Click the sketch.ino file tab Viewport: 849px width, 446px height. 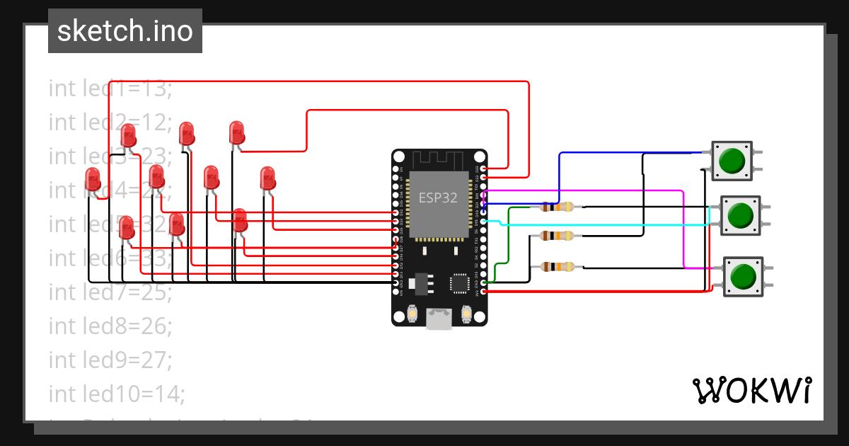(x=125, y=31)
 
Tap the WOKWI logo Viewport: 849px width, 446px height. (x=751, y=390)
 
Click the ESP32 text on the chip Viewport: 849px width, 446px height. (x=438, y=198)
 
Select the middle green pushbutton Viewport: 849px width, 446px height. (x=740, y=215)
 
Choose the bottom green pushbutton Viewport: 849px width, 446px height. (x=742, y=276)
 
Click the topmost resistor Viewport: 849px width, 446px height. (x=558, y=207)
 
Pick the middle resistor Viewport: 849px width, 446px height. (x=558, y=236)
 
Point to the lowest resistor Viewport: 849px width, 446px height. (x=558, y=267)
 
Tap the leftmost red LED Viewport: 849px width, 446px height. (x=93, y=179)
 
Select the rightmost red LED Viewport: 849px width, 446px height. (x=267, y=177)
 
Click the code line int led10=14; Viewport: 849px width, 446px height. (x=116, y=394)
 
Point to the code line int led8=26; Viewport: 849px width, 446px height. (x=110, y=326)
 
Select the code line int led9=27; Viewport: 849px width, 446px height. (x=110, y=360)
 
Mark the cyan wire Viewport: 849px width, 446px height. (x=601, y=224)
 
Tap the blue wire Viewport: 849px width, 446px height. (x=560, y=177)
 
